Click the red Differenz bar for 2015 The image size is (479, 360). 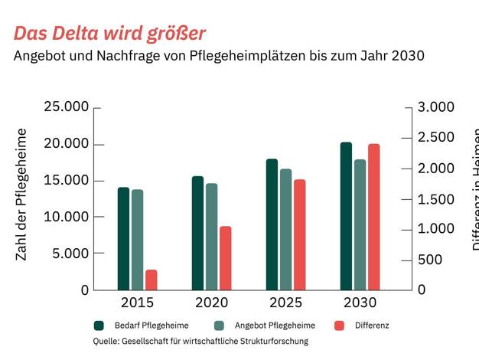coord(152,280)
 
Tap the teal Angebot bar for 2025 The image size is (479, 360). coord(285,230)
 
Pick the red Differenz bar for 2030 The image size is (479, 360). coord(373,217)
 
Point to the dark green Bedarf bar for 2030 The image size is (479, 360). coord(346,216)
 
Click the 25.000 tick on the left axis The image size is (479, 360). coord(67,106)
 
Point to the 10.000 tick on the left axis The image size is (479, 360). coord(67,217)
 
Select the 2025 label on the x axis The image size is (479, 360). coord(286,303)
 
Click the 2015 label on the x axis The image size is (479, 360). coord(138,303)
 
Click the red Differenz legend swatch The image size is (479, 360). coord(340,326)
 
